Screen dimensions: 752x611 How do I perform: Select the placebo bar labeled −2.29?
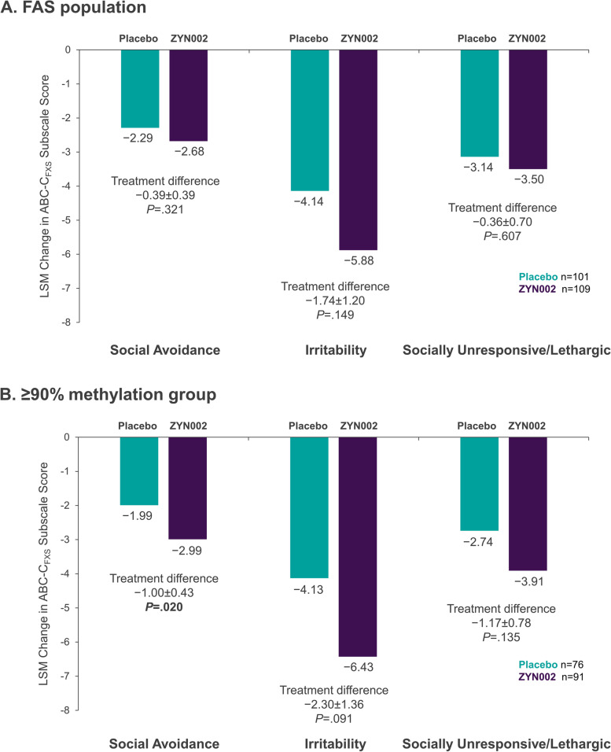[x=140, y=88]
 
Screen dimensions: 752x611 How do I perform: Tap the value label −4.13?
[x=309, y=589]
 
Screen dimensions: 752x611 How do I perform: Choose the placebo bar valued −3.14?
[x=480, y=103]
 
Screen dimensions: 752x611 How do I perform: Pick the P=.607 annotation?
[x=502, y=234]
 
